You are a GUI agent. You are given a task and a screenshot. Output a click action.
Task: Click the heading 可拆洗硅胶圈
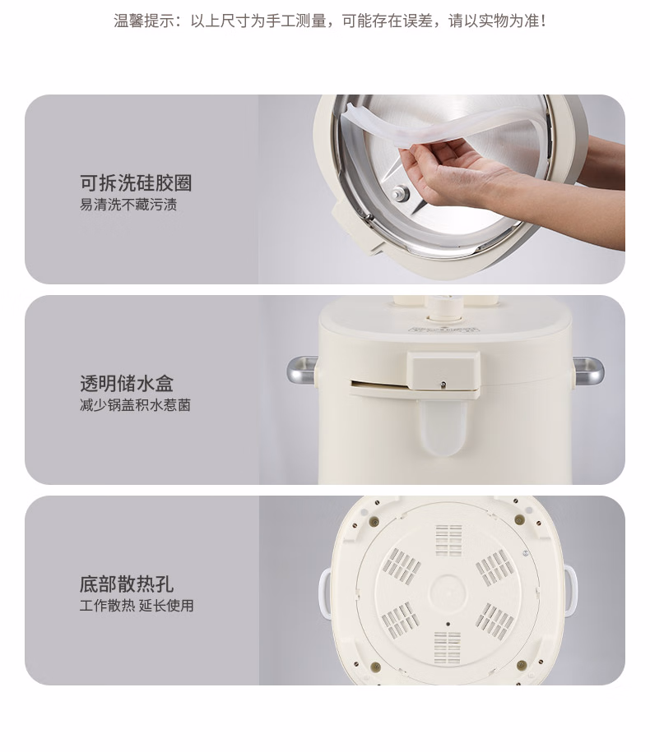[136, 183]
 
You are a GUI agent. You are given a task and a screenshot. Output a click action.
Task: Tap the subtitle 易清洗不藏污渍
[128, 205]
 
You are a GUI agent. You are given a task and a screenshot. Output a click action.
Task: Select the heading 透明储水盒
[126, 384]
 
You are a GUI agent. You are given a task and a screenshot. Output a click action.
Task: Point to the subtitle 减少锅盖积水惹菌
[135, 405]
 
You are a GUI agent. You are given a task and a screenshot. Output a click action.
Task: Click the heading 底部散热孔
[126, 584]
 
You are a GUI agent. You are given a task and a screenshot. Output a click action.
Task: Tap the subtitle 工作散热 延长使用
[137, 606]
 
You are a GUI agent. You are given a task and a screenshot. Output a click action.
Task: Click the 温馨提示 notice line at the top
[330, 21]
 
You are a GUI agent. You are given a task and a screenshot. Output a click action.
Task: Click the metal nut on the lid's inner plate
[399, 194]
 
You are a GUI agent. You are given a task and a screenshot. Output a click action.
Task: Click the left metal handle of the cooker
[303, 369]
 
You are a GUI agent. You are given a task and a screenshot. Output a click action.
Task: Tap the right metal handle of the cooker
[588, 370]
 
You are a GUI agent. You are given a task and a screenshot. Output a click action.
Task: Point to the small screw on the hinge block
[443, 384]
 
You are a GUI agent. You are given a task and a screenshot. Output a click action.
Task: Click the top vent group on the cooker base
[449, 540]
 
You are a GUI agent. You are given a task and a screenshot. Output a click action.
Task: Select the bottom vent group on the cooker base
[448, 648]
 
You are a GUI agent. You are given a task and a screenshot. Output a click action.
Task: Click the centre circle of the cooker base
[448, 593]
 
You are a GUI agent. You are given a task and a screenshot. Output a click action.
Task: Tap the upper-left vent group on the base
[404, 566]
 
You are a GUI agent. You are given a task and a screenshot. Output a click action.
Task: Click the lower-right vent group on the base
[494, 621]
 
